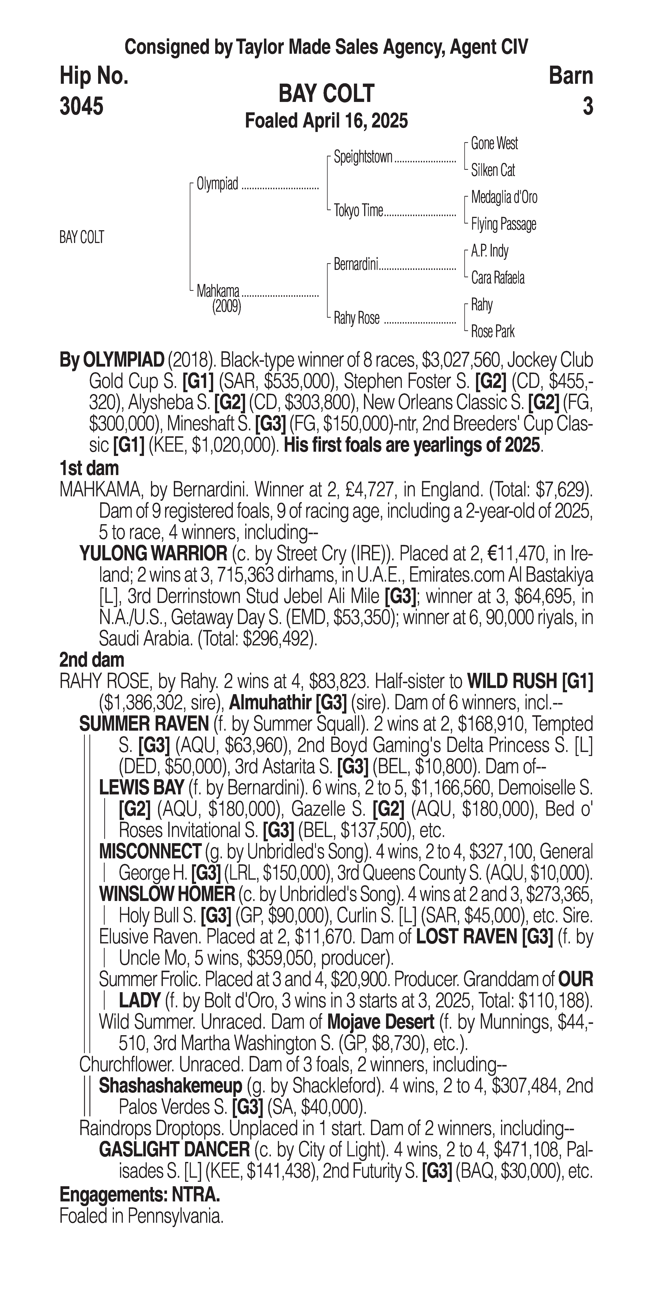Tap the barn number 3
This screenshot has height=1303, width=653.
(x=587, y=107)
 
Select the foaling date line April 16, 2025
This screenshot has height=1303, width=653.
(x=326, y=121)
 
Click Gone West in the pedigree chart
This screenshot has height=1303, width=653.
(x=494, y=144)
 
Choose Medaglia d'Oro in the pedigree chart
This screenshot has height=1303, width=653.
(x=504, y=197)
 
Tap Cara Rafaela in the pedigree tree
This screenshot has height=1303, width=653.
(x=498, y=278)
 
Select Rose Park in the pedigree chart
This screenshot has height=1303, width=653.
(x=493, y=332)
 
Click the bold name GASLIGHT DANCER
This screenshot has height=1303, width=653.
(x=174, y=1150)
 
